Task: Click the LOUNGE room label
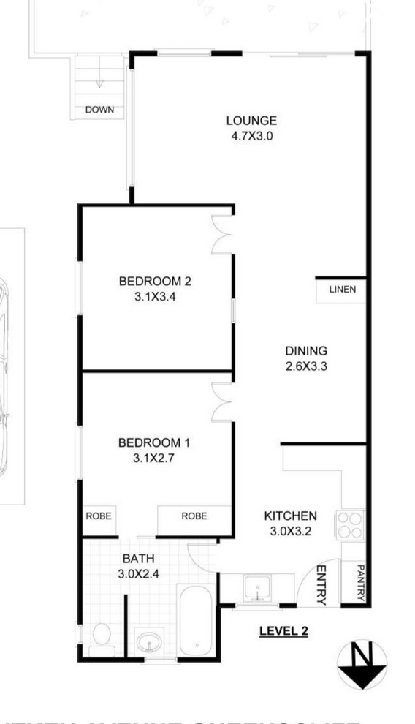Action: point(251,121)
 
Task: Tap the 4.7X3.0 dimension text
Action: point(251,135)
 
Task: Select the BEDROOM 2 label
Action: point(155,281)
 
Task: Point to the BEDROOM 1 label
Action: point(154,442)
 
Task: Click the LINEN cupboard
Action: point(342,290)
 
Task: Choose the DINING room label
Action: point(305,351)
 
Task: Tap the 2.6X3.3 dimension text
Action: point(305,366)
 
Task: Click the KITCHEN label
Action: point(290,516)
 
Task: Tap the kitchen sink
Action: point(256,588)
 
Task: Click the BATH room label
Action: point(137,559)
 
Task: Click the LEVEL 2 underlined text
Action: point(283,630)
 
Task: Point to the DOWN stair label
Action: point(99,110)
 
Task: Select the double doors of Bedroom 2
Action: point(222,235)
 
